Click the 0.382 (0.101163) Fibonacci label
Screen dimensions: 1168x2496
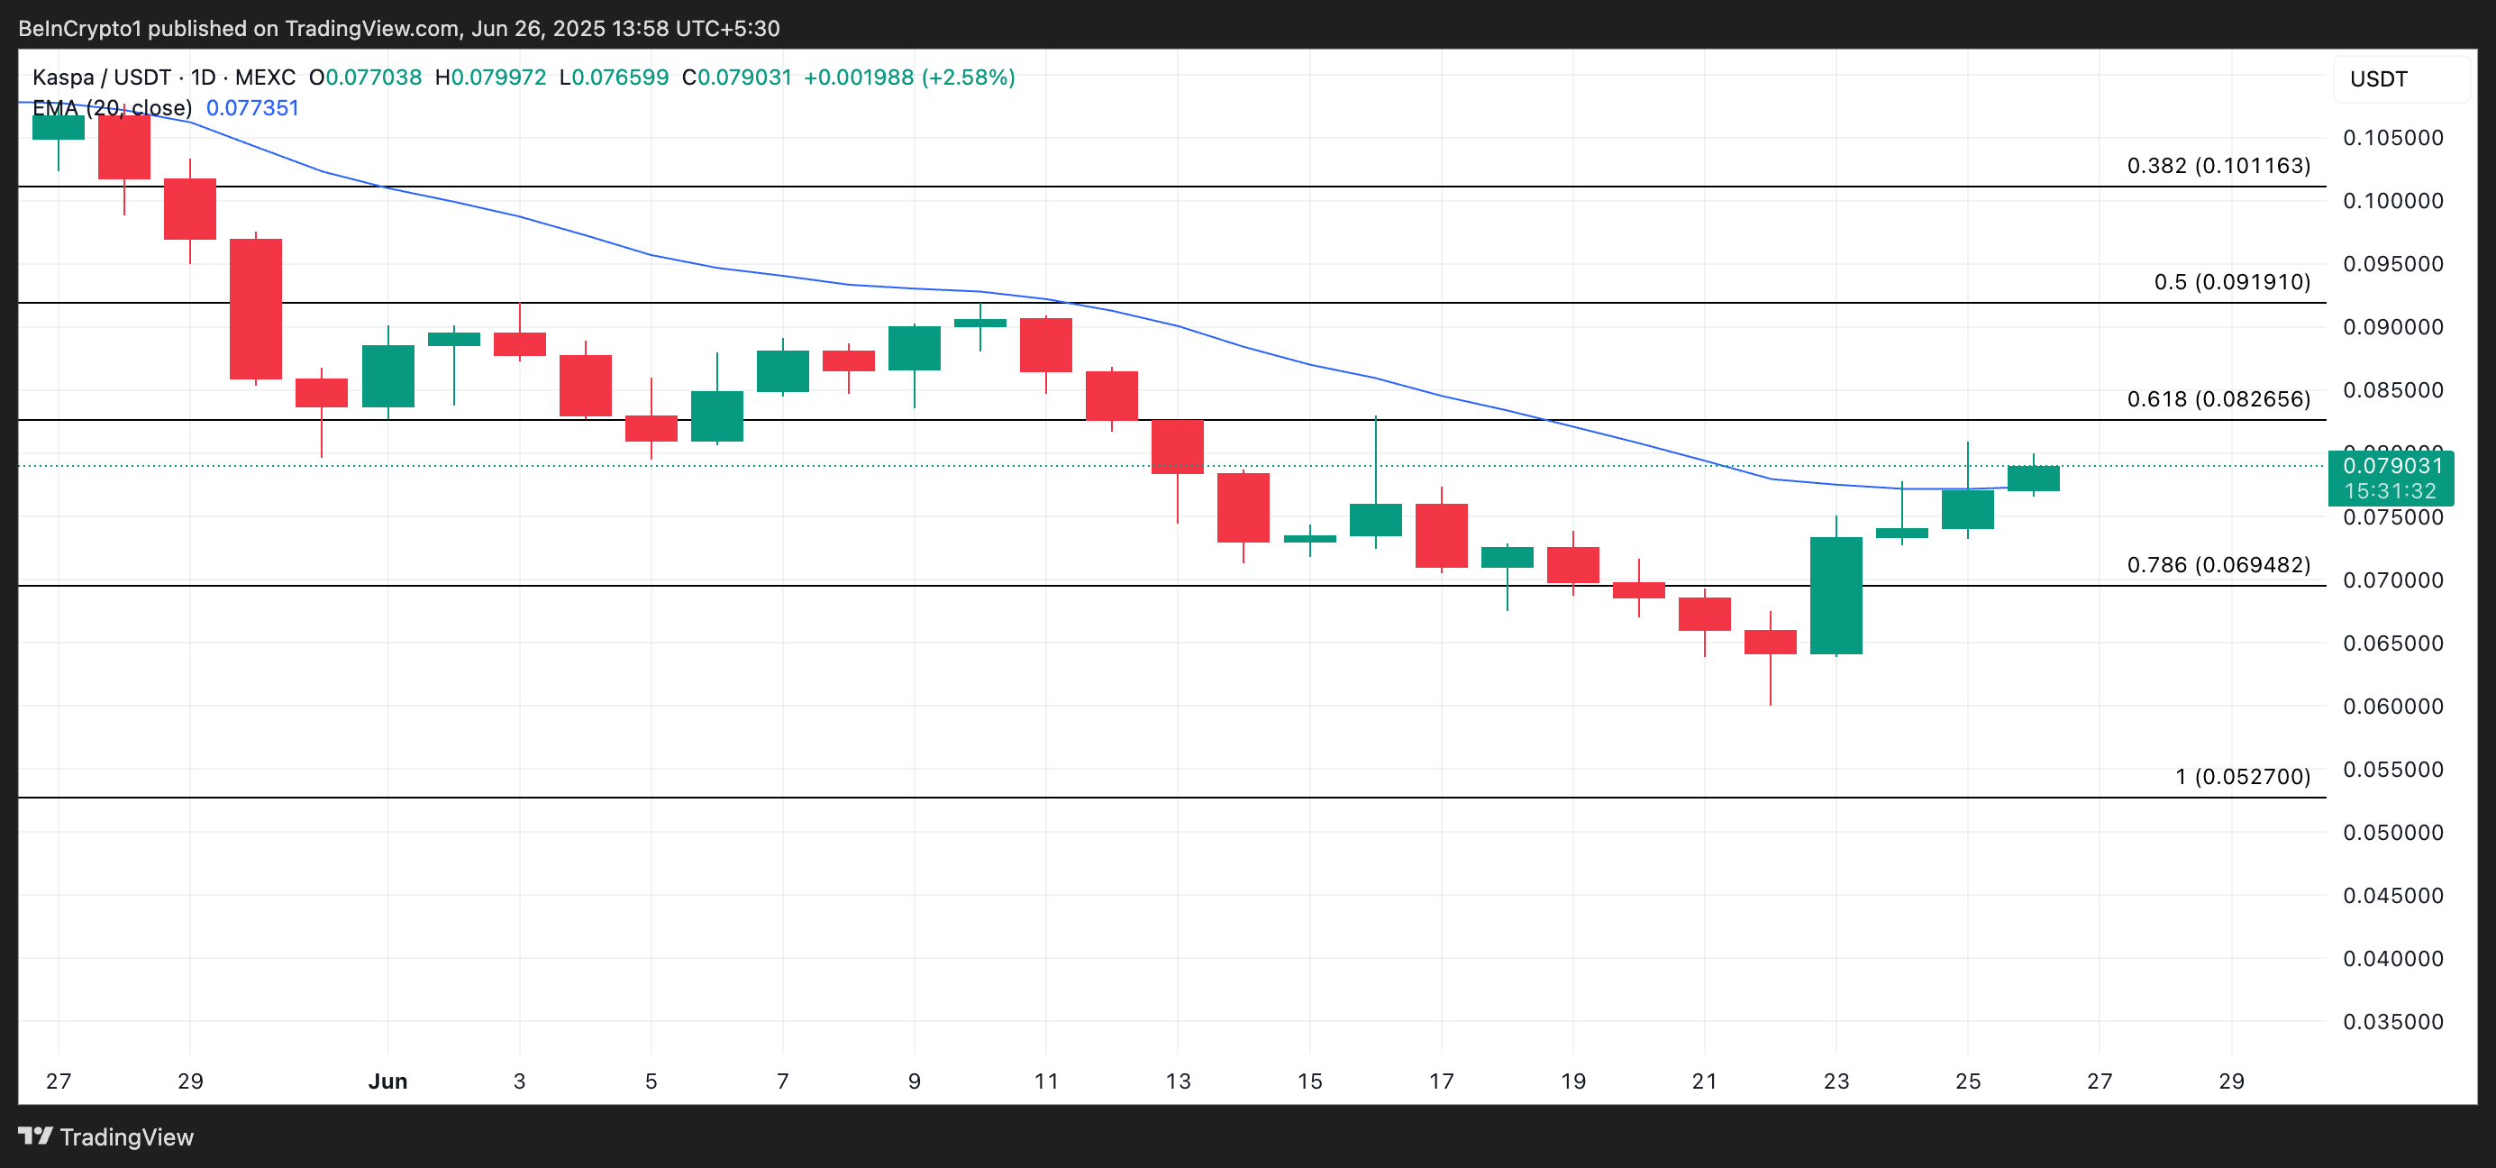[x=2218, y=166]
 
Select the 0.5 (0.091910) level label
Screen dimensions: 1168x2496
[x=2231, y=282]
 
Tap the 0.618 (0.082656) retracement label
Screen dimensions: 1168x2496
[x=2218, y=399]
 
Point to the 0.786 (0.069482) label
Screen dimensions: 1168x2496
[x=2218, y=565]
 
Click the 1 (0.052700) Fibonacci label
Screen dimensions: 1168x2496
[x=2242, y=776]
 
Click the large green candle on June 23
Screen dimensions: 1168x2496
[x=1836, y=595]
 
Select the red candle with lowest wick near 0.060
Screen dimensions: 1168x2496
[x=1770, y=642]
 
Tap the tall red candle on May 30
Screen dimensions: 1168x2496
[x=256, y=308]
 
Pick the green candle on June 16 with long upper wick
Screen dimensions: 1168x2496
[x=1375, y=519]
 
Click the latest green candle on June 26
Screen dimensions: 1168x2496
[x=2033, y=478]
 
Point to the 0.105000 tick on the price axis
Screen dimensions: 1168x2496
[x=2392, y=138]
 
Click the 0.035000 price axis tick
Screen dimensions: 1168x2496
[x=2392, y=1022]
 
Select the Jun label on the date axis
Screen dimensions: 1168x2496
[x=387, y=1081]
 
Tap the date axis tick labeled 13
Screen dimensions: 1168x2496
[x=1178, y=1081]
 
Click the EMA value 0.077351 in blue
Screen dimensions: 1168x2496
[x=252, y=107]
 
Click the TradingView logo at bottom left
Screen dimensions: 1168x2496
[x=106, y=1137]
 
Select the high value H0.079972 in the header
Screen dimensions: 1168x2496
[x=490, y=78]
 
